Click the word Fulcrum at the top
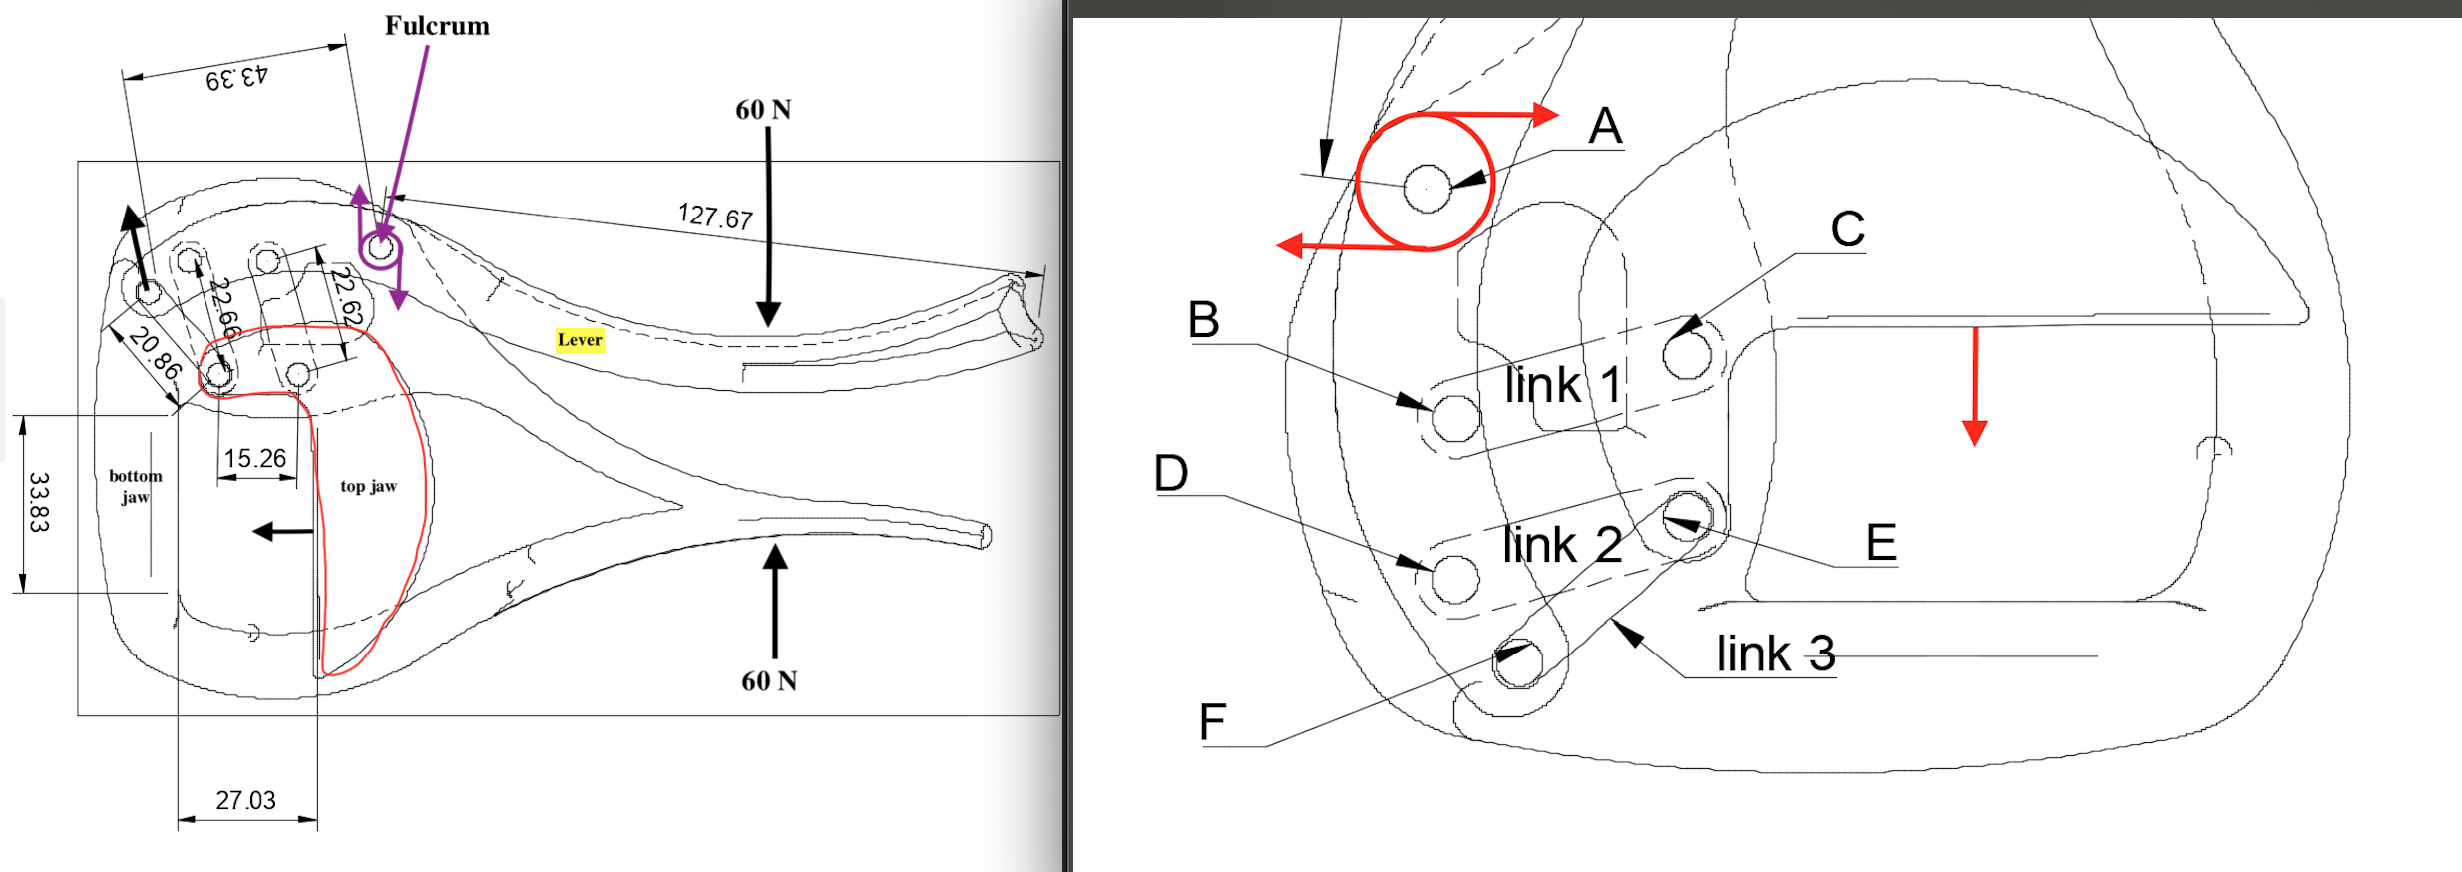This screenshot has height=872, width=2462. (437, 26)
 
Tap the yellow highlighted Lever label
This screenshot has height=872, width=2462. (580, 340)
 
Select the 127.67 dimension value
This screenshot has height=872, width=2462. (715, 216)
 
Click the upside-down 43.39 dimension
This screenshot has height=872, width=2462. (236, 77)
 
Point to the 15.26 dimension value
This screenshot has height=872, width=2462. (254, 458)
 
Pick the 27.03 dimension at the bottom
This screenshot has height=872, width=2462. (245, 800)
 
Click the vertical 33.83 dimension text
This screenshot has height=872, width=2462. (38, 502)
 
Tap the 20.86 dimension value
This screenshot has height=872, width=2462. (156, 353)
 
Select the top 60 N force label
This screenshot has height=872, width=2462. (763, 110)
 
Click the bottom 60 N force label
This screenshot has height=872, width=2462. (768, 681)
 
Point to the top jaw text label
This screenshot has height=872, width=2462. (368, 486)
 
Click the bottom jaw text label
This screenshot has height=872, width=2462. (135, 486)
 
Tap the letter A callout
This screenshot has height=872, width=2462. (1605, 126)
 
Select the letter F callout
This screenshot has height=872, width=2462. (1212, 721)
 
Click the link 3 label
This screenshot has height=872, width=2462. (1775, 654)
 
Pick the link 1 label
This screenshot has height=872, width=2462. (1562, 385)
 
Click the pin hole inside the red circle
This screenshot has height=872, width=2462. (1427, 188)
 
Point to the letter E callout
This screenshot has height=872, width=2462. (1881, 543)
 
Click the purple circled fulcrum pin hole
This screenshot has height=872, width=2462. (381, 247)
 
